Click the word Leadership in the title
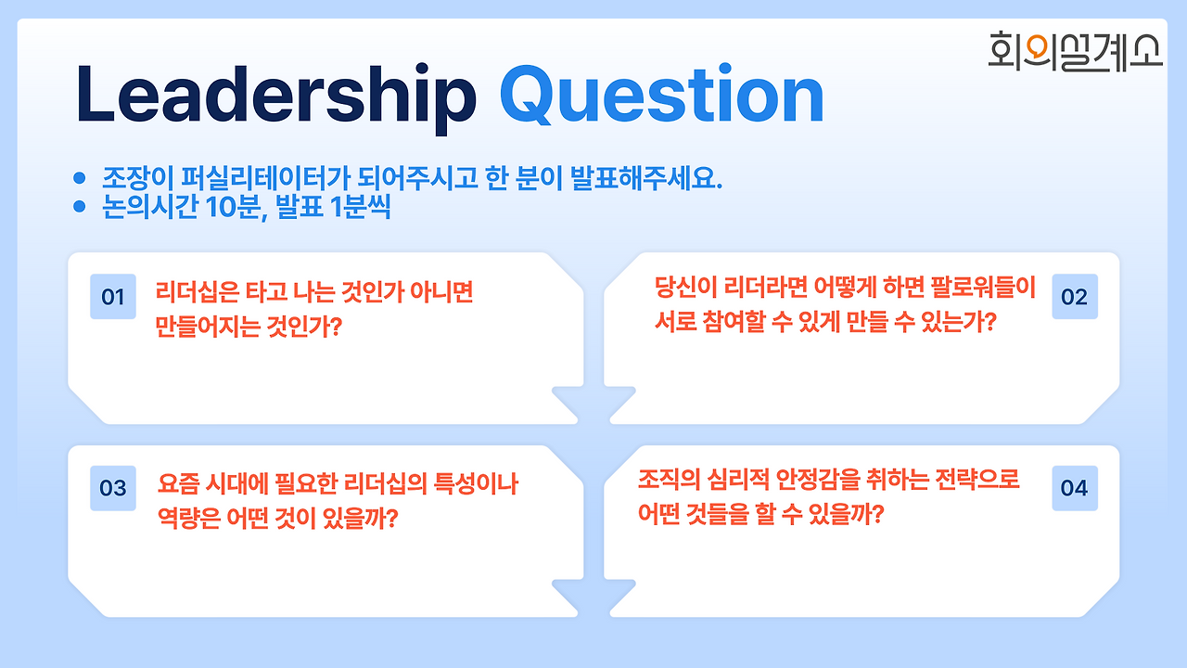[x=276, y=98]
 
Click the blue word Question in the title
[x=662, y=96]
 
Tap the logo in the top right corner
[x=1075, y=51]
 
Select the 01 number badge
[x=113, y=296]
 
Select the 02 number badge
[x=1075, y=296]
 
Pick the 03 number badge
[x=113, y=488]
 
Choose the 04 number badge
[x=1075, y=488]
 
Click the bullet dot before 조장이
[x=80, y=177]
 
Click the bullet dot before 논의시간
[x=80, y=206]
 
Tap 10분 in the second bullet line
[x=236, y=207]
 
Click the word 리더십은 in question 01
[x=198, y=291]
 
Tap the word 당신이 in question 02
[x=684, y=287]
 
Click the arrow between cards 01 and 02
[x=593, y=404]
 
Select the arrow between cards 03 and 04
[x=593, y=597]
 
